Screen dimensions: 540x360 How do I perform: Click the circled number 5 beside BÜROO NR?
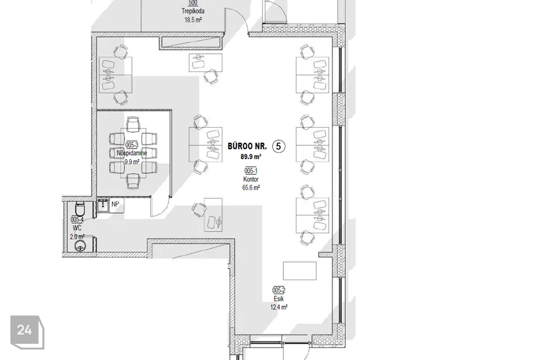pos(278,146)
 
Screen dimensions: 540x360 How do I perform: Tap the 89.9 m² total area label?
pos(251,157)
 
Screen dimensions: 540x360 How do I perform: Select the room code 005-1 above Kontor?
pos(251,171)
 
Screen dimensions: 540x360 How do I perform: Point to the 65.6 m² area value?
pos(251,188)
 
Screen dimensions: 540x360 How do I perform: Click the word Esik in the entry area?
pos(278,299)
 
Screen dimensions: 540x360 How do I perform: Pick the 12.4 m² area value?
pos(278,307)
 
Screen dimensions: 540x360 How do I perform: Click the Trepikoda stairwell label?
pos(193,11)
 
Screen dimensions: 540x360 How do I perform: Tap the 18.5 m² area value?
pos(193,20)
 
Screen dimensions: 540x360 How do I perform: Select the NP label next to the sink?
pos(115,204)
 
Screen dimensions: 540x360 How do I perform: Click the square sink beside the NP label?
pos(102,205)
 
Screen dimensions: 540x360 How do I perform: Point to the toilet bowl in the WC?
pos(79,209)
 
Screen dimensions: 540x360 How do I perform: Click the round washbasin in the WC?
pos(80,246)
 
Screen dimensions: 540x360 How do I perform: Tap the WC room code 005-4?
pos(77,219)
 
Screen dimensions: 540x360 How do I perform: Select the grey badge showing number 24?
pos(27,332)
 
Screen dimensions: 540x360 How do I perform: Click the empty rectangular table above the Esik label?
pos(300,271)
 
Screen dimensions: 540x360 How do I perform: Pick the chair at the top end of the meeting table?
pos(133,124)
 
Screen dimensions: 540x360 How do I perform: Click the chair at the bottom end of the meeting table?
pos(133,181)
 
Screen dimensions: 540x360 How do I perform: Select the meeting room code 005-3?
pos(132,145)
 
